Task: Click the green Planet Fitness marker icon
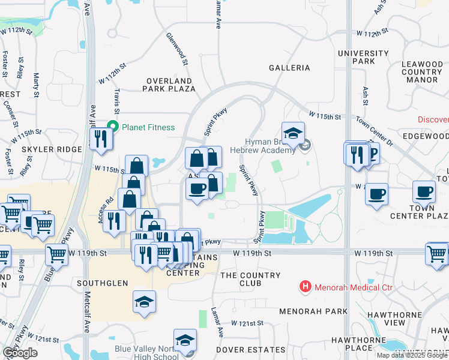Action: [x=112, y=127]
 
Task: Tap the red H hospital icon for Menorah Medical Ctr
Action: [x=306, y=287]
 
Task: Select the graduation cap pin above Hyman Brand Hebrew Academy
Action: [x=293, y=134]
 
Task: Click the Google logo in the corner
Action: [x=20, y=353]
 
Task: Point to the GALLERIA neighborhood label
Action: [x=289, y=68]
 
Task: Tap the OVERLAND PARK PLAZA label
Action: [x=169, y=85]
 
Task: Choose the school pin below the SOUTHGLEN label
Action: [x=145, y=301]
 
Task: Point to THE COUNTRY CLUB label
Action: [x=250, y=279]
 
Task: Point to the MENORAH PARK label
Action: [x=313, y=311]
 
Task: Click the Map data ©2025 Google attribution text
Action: [x=412, y=355]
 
